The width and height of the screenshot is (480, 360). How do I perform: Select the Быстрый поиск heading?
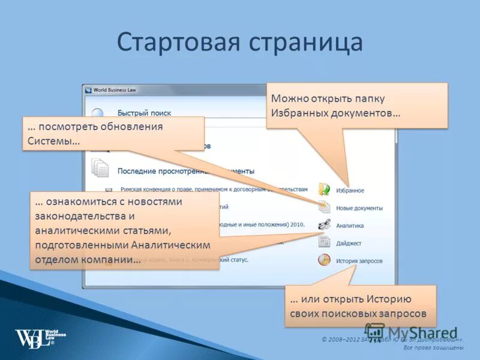coord(144,112)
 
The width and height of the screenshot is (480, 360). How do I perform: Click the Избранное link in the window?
coord(350,190)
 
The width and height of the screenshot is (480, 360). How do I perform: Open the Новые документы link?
coord(359,208)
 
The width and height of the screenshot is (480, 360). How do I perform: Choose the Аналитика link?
coord(350,226)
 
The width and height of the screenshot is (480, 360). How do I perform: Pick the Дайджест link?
coord(349,243)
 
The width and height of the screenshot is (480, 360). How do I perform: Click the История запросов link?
coord(359,261)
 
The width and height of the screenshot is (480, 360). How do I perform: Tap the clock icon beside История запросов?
coord(324,260)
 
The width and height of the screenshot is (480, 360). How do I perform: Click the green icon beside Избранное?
coord(324,190)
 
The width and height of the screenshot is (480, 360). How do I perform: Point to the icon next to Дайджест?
coord(324,242)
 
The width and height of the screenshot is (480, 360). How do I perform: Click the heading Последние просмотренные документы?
coord(186,171)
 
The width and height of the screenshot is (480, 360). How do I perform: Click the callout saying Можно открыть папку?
coord(357,106)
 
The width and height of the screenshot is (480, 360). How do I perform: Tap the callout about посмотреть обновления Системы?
coord(112,134)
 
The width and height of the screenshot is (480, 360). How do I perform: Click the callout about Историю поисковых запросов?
coord(359,306)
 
